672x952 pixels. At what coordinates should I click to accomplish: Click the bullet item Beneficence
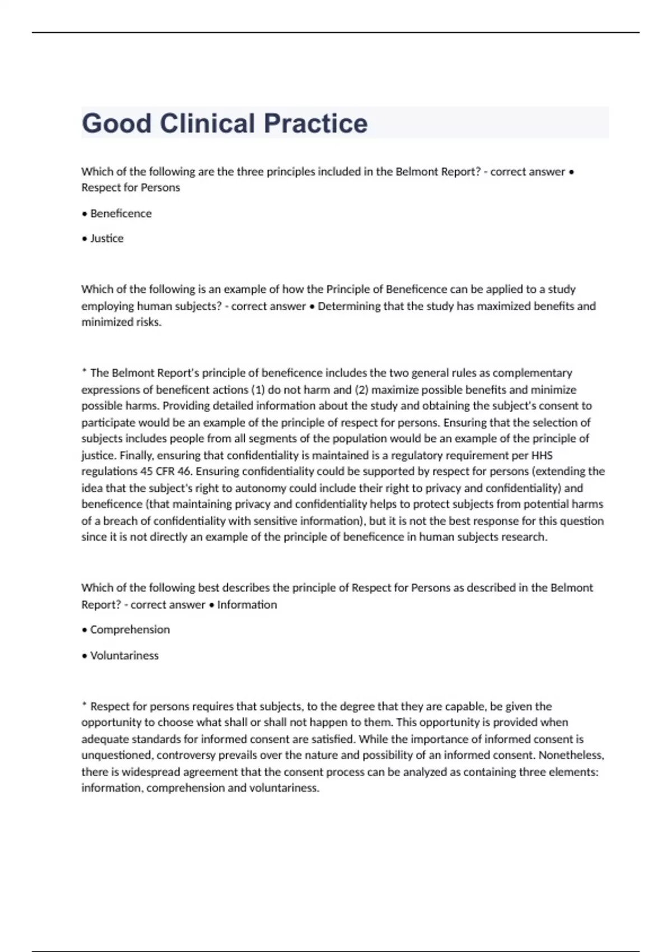[x=120, y=213]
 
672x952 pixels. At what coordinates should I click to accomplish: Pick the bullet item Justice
[x=106, y=239]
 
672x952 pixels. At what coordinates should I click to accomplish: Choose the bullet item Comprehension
[x=129, y=629]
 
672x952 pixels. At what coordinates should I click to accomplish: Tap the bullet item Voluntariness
[x=124, y=655]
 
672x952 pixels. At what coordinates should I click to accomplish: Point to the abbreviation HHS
[x=542, y=455]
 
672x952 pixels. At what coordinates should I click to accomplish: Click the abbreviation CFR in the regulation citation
[x=165, y=472]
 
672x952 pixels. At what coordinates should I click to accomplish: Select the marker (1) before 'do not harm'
[x=257, y=390]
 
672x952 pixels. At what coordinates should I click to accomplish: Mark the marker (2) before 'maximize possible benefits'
[x=361, y=390]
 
